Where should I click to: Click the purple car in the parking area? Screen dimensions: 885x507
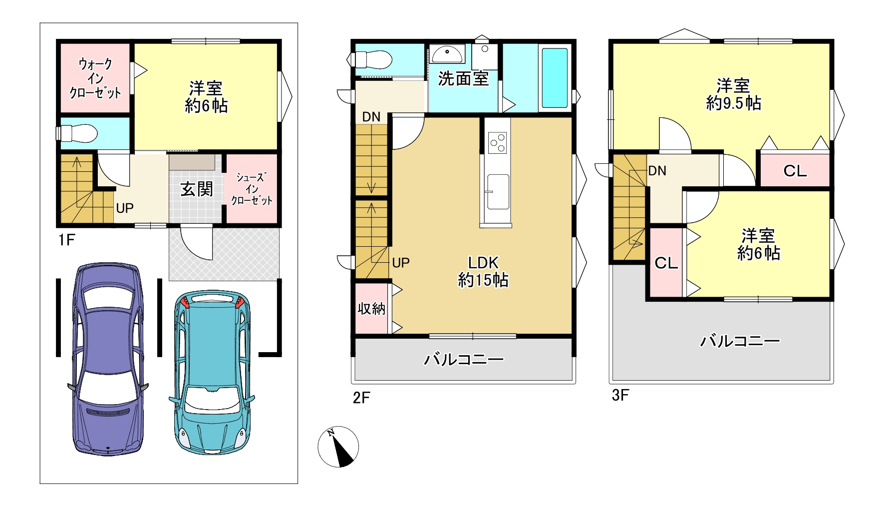click(108, 359)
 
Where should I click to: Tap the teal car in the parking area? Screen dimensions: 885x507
click(212, 373)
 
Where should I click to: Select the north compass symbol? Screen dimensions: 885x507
click(338, 447)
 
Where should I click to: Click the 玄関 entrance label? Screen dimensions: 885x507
click(197, 189)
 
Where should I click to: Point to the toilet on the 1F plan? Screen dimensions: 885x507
click(76, 133)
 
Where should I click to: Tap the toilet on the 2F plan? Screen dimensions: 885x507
click(369, 59)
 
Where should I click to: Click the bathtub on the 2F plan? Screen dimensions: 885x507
click(555, 77)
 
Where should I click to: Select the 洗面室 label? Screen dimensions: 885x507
click(463, 78)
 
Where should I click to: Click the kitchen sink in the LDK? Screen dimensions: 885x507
click(498, 192)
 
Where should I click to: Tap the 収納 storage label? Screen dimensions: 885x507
click(371, 309)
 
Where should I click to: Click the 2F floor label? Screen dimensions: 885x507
click(361, 398)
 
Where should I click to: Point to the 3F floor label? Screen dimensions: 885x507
click(620, 395)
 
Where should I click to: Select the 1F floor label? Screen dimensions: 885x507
click(66, 240)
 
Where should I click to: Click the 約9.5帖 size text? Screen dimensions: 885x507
click(733, 103)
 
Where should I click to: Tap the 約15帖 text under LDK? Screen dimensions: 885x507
click(483, 280)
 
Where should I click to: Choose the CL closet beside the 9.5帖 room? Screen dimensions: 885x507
click(795, 171)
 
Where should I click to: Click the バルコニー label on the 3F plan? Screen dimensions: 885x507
click(740, 341)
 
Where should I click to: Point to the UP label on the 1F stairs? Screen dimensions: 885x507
click(125, 208)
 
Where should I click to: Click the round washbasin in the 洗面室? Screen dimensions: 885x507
click(447, 52)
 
